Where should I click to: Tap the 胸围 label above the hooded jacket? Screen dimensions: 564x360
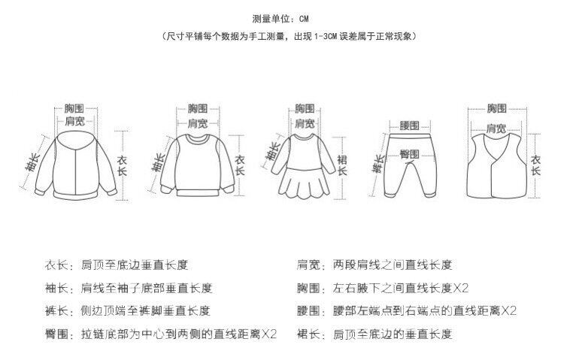pos(74,108)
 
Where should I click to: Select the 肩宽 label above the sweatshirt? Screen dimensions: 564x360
pos(197,123)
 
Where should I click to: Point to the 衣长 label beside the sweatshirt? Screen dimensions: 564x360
pos(241,165)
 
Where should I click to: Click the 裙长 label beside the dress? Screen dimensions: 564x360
pos(343,165)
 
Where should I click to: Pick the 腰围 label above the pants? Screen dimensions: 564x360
pos(410,124)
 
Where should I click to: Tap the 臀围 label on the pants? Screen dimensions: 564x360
pos(410,154)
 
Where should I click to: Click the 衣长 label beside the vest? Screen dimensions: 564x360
pos(536,165)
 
